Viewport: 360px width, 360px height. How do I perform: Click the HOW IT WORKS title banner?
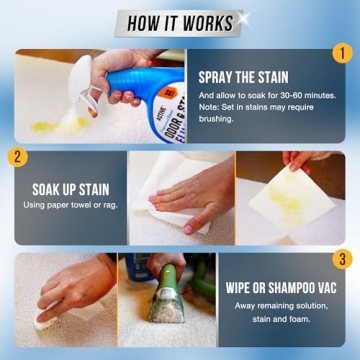coord(180,22)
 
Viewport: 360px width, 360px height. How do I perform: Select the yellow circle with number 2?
coord(17,157)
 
